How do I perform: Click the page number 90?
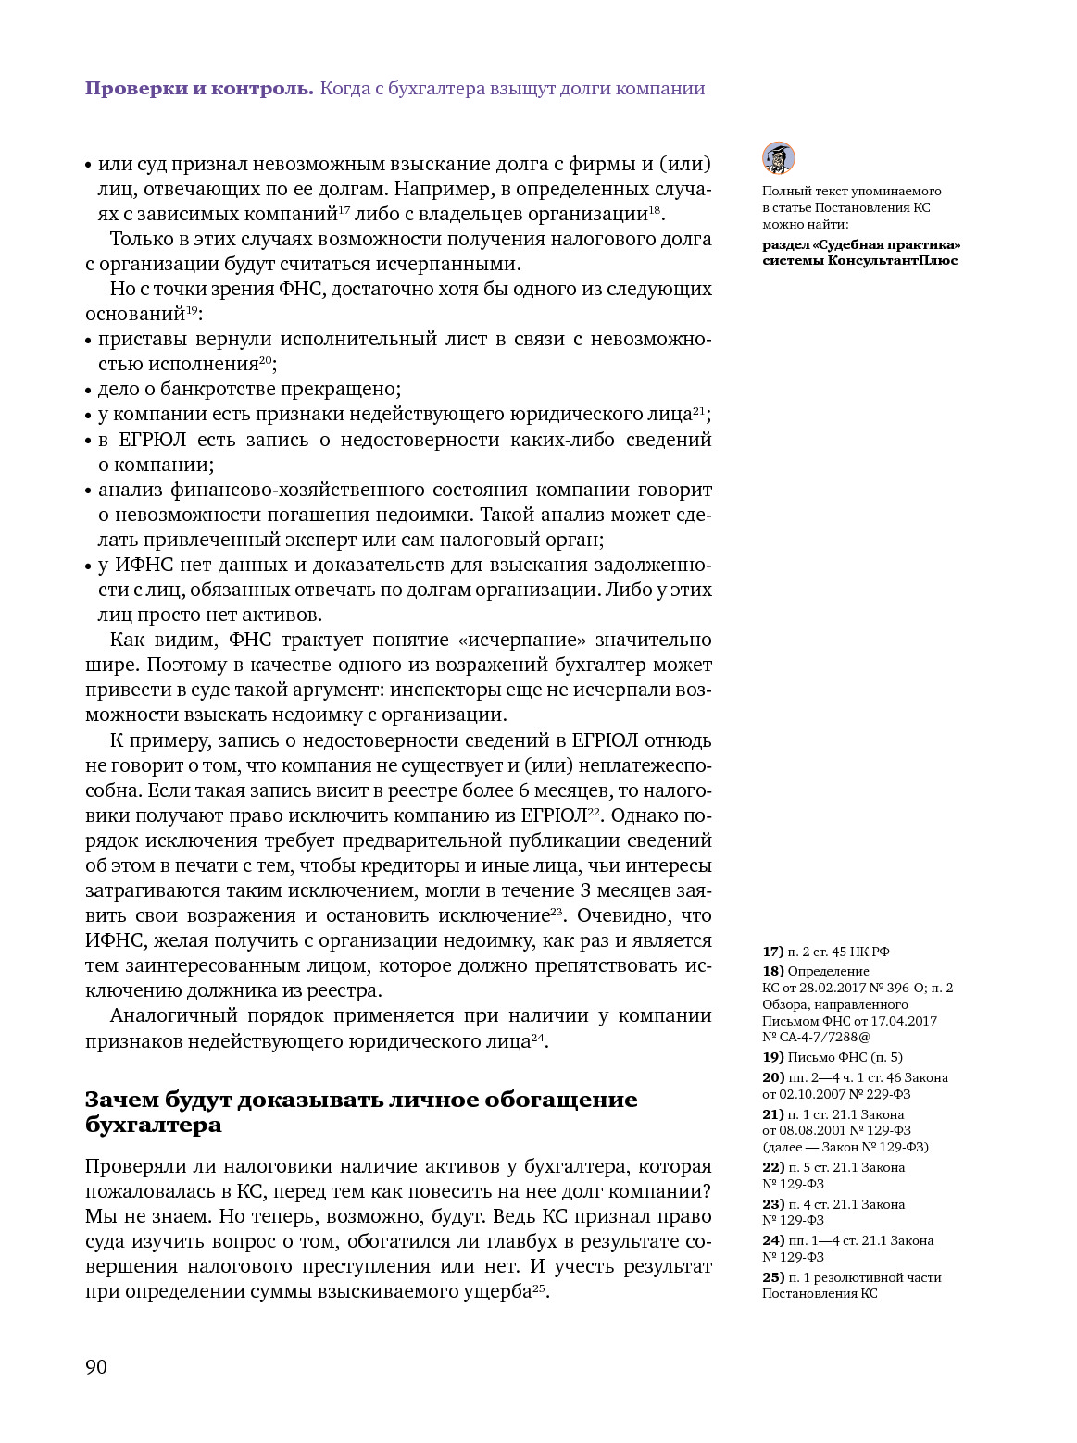pos(96,1367)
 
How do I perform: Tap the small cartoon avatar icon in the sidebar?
pos(779,158)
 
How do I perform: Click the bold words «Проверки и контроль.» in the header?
pos(200,89)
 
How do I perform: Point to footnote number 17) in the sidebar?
pos(772,952)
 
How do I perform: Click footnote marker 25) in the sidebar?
pos(772,1277)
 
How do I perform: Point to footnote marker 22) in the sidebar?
pos(772,1167)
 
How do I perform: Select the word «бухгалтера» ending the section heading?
pos(154,1125)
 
